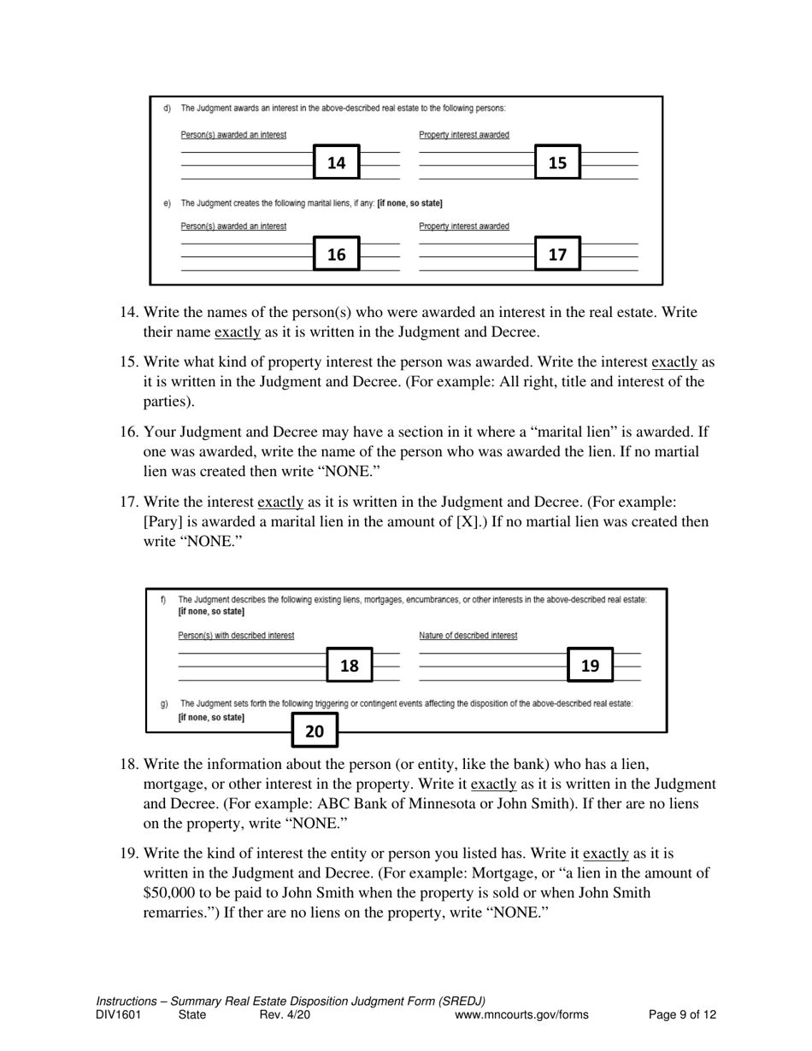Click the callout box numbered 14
pyautogui.click(x=337, y=162)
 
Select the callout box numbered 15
pyautogui.click(x=557, y=162)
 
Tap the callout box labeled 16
pyautogui.click(x=337, y=254)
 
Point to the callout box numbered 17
pyautogui.click(x=557, y=254)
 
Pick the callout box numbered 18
pyautogui.click(x=350, y=666)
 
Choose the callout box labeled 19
pyautogui.click(x=591, y=666)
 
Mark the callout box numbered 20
pyautogui.click(x=315, y=731)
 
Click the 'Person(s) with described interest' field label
pyautogui.click(x=236, y=635)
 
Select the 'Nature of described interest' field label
pyautogui.click(x=468, y=635)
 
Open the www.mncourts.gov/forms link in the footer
pyautogui.click(x=521, y=1015)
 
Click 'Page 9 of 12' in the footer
pyautogui.click(x=682, y=1015)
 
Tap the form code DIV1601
pyautogui.click(x=118, y=1015)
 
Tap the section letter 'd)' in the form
pyautogui.click(x=167, y=109)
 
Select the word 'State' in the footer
pyautogui.click(x=192, y=1015)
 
